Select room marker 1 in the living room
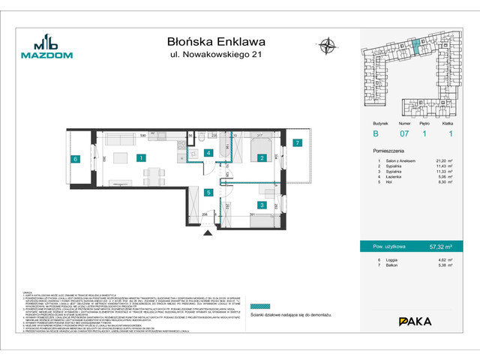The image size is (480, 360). (140, 157)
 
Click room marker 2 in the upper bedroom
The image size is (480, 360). (262, 157)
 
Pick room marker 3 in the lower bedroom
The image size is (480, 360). (262, 204)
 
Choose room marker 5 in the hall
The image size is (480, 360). (208, 193)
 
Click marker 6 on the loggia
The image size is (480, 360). (75, 158)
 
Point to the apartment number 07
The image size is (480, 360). (403, 135)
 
